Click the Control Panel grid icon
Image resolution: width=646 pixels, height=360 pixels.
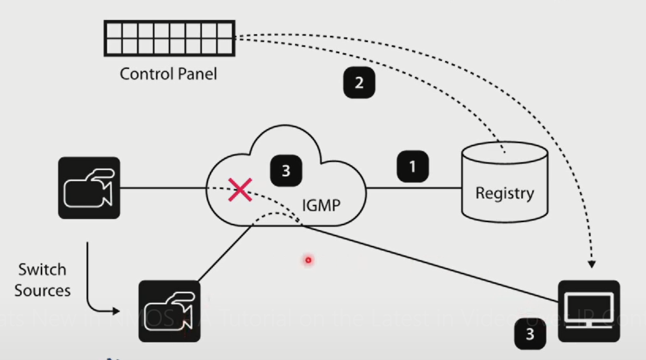[170, 38]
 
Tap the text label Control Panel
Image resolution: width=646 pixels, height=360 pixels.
[168, 73]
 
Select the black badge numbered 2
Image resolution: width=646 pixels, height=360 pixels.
[359, 83]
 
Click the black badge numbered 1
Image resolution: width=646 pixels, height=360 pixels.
[412, 166]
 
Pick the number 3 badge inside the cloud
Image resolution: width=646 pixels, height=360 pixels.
[285, 171]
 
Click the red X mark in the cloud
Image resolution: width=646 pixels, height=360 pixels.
[240, 189]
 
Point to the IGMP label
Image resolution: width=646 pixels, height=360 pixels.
[321, 205]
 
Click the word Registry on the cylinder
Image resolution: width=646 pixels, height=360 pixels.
[505, 193]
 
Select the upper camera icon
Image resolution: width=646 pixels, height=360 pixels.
[89, 188]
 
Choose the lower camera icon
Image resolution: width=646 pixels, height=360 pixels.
[170, 311]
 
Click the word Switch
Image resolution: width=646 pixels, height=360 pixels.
[42, 270]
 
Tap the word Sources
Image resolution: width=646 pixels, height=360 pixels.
[43, 290]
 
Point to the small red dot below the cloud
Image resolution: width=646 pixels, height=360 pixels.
[308, 260]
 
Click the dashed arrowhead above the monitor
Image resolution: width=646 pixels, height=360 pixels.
[591, 264]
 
